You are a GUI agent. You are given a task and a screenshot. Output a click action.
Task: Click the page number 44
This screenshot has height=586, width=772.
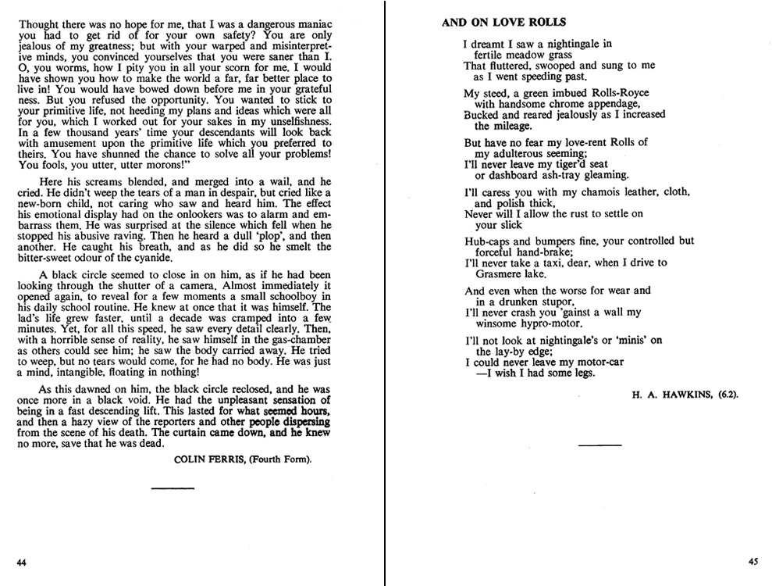21,561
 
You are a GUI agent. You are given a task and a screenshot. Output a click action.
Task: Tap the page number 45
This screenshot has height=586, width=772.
752,560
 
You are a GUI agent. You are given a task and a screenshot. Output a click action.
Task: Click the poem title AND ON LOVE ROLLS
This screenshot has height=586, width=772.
504,23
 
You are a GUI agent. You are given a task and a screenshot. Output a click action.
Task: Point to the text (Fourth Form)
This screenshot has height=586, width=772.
281,459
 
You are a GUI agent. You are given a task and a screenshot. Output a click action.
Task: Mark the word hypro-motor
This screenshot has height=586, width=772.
546,323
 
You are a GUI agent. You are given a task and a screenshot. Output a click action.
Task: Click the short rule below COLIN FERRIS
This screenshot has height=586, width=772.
172,488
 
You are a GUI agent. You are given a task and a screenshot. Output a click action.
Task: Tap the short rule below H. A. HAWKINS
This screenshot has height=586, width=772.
599,445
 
